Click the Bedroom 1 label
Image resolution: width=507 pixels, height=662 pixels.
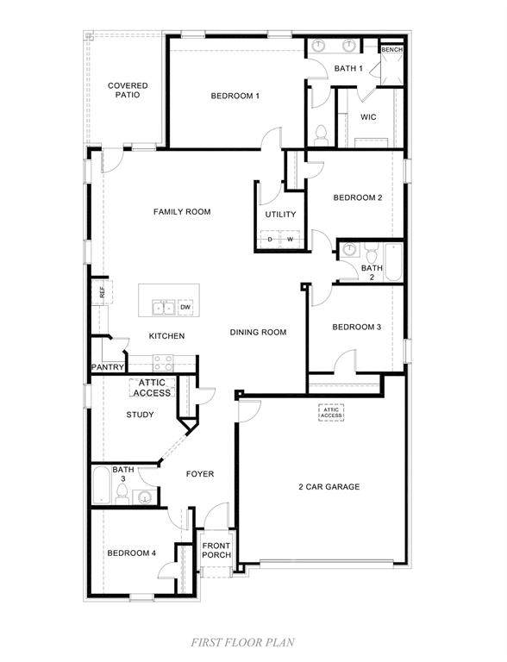coord(235,96)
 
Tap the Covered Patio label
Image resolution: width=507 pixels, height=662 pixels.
coord(128,90)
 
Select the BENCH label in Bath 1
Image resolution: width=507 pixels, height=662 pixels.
coord(392,50)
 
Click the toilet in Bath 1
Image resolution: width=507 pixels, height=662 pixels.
coord(321,135)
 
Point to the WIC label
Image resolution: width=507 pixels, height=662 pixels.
coord(368,117)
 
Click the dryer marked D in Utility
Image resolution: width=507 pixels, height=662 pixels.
coord(271,239)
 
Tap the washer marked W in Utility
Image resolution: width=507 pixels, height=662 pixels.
coord(291,239)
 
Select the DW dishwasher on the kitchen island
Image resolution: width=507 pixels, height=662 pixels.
coord(185,307)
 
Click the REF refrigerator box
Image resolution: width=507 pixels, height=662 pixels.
coord(102,291)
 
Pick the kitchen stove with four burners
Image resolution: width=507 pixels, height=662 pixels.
coord(163,363)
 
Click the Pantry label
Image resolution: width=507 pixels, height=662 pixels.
coord(108,367)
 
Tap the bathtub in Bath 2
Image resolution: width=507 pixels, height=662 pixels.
coord(394,263)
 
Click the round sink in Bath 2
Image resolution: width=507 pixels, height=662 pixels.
coord(349,249)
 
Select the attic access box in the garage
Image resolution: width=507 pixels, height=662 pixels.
coord(331,413)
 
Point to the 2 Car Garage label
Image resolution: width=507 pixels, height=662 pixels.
coord(329,487)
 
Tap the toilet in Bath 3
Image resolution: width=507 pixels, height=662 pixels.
coord(122,494)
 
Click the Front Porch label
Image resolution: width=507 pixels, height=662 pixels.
coord(216,550)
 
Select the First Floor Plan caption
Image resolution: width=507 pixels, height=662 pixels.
coord(242,642)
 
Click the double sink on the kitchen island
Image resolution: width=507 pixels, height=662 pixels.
coord(164,308)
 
